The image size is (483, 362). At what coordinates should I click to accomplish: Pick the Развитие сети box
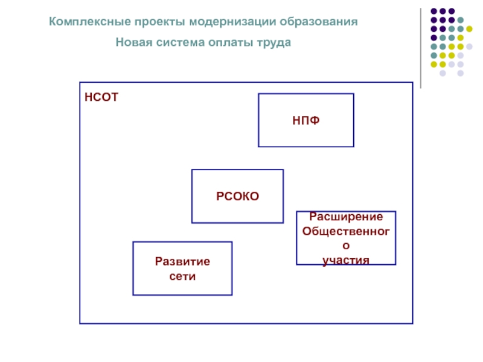coord(182,284)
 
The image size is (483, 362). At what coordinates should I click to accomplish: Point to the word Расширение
coord(346,217)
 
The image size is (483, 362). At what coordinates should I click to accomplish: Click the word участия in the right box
coord(346,261)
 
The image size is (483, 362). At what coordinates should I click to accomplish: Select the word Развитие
coord(182,262)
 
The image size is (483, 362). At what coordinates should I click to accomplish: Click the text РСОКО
coord(237,196)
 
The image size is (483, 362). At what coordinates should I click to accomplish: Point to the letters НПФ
coord(306,121)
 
